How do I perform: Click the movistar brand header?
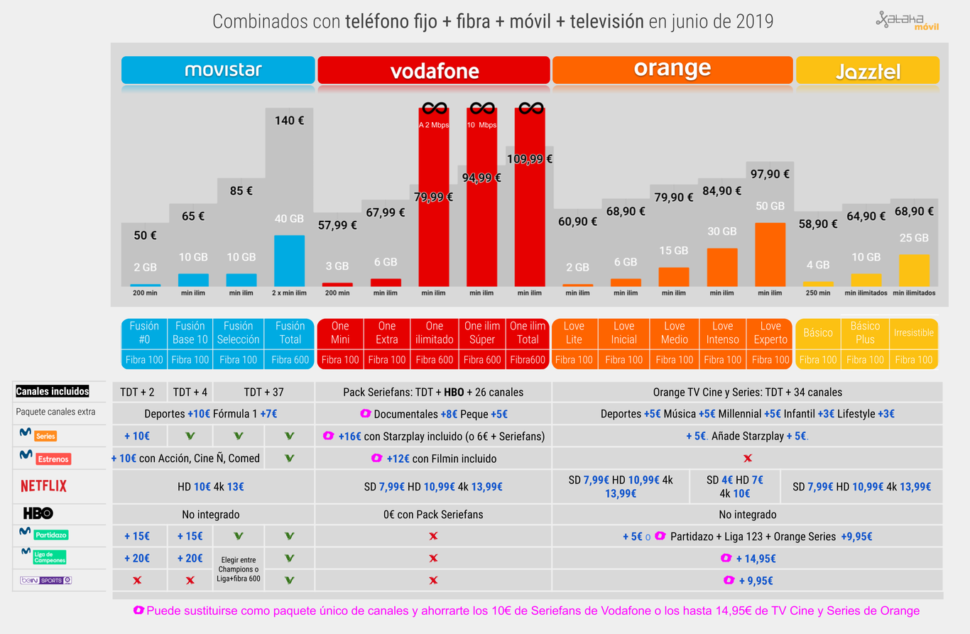218,70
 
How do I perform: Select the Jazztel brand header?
868,70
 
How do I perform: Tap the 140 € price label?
289,121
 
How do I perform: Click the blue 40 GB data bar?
289,261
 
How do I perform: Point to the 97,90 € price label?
770,174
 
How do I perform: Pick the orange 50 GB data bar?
770,255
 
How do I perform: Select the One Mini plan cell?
340,333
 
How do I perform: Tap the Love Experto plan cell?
771,333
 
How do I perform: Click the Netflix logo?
44,486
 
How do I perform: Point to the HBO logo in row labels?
38,513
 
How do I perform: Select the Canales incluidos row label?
53,391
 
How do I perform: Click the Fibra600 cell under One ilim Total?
528,360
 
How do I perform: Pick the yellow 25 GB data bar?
914,270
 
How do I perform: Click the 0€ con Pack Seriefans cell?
433,514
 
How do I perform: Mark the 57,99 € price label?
337,225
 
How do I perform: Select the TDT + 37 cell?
263,392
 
